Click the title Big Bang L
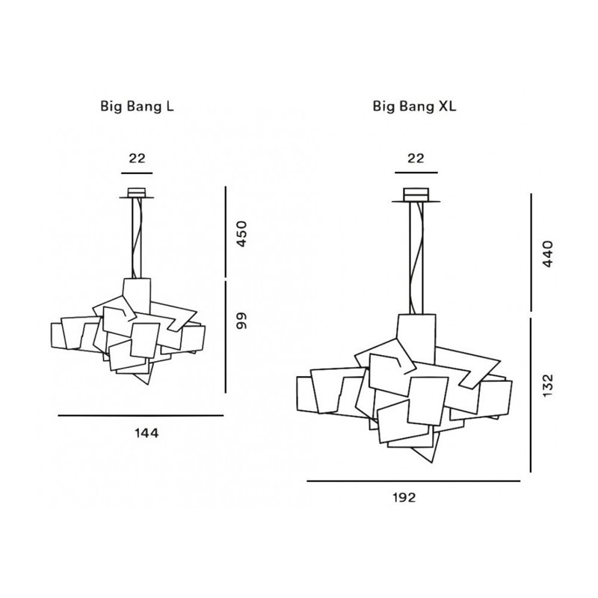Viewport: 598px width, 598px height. click(137, 106)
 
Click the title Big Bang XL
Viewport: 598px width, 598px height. click(415, 106)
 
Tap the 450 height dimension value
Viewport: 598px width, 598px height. click(241, 234)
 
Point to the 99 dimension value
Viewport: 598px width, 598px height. click(241, 321)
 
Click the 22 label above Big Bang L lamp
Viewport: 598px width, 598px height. click(137, 158)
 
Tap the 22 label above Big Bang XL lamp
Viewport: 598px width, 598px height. click(415, 158)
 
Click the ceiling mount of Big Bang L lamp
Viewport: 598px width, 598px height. click(137, 193)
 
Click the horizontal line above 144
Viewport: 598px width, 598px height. click(141, 415)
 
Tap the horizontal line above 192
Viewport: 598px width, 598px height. click(413, 481)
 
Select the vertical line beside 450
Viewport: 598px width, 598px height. click(225, 232)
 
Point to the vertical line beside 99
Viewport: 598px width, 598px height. click(225, 336)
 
